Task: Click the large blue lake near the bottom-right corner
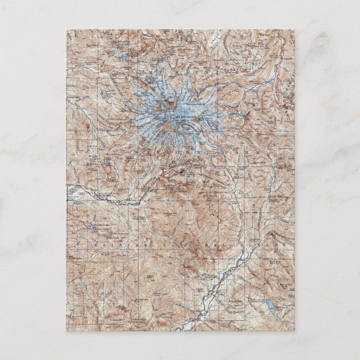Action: coord(270,306)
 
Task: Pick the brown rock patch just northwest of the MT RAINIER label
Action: coord(168,103)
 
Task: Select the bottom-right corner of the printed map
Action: coord(294,330)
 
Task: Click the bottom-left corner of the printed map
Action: coord(66,330)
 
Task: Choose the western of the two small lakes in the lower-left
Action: coord(89,228)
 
